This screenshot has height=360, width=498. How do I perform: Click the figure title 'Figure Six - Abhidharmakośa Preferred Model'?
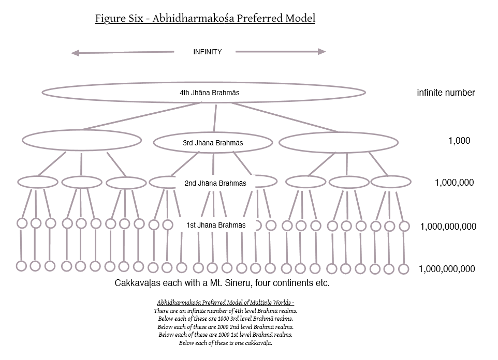[x=205, y=19]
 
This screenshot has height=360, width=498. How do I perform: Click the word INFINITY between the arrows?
[x=207, y=52]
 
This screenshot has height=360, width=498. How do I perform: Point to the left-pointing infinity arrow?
[x=122, y=52]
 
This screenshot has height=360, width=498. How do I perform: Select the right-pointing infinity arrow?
[x=281, y=51]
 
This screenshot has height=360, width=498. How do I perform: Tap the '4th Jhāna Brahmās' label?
[x=209, y=93]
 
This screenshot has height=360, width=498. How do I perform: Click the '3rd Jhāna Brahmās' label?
[x=213, y=143]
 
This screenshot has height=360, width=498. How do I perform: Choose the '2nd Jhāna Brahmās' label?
[x=215, y=183]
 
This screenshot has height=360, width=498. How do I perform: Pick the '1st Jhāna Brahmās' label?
[x=216, y=225]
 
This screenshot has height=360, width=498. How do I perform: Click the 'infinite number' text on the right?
[x=446, y=93]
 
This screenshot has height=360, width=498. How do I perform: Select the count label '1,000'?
[x=459, y=141]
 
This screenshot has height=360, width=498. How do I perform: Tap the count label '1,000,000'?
[x=454, y=183]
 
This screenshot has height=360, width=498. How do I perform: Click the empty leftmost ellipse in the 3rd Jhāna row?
[x=82, y=140]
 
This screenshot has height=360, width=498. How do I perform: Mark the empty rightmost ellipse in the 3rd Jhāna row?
[x=339, y=142]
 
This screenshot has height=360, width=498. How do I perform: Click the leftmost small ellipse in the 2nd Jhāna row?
[x=37, y=182]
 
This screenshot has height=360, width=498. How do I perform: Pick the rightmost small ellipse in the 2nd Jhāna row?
[x=391, y=182]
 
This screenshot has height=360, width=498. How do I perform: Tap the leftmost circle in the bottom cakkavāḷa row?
[x=21, y=266]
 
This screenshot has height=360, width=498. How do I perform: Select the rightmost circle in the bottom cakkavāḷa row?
[x=404, y=268]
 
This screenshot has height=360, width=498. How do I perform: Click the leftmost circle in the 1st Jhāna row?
[x=22, y=223]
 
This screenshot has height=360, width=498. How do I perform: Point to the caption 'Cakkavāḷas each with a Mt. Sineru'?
[x=222, y=283]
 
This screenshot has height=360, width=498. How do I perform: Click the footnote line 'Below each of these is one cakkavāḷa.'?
[x=226, y=343]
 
